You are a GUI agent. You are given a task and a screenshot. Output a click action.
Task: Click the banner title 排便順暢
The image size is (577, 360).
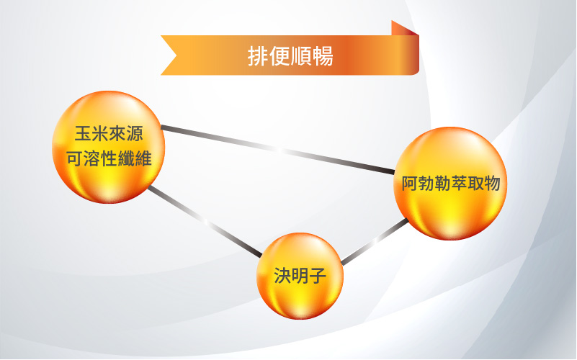click(290, 56)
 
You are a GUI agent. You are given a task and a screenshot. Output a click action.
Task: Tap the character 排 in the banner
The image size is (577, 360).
click(258, 56)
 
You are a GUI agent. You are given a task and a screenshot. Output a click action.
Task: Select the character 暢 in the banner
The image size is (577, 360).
click(323, 56)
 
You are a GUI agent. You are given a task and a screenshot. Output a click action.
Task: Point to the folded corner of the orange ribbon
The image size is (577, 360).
click(405, 28)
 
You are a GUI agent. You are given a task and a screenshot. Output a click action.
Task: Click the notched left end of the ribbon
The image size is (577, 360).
click(169, 55)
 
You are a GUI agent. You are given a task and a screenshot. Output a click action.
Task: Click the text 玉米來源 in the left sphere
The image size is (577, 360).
click(109, 133)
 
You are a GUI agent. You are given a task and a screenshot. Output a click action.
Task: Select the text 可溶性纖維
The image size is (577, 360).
click(109, 159)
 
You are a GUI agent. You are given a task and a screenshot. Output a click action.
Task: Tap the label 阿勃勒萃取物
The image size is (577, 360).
click(451, 183)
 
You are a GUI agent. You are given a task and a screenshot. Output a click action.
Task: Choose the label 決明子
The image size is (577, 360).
click(300, 276)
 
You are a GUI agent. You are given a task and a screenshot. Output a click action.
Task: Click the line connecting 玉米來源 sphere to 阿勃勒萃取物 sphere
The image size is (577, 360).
click(278, 149)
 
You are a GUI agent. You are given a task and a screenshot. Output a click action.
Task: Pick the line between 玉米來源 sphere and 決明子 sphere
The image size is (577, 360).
click(205, 221)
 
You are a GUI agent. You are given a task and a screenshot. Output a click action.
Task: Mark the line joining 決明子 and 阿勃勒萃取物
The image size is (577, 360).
click(375, 242)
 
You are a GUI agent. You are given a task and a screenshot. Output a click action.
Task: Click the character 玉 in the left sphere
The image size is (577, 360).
click(83, 133)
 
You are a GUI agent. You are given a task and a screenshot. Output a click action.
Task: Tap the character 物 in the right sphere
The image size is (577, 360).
click(493, 183)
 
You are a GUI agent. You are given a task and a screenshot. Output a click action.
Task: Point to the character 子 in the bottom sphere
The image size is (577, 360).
click(318, 276)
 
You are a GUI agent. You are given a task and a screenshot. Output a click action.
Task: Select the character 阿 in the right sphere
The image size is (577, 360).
click(410, 183)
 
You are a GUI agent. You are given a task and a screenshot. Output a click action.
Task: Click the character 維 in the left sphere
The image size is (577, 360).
click(143, 159)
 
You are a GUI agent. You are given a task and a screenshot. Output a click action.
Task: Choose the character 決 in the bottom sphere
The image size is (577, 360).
click(282, 276)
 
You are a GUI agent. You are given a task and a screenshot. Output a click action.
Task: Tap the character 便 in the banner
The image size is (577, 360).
click(279, 56)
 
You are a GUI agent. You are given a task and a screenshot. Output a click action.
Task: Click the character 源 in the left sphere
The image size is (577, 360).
click(135, 133)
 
